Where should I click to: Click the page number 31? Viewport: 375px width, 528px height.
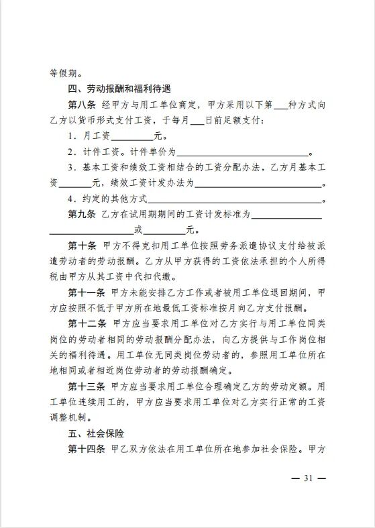click(309, 478)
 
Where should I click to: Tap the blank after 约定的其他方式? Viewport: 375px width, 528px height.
click(235, 199)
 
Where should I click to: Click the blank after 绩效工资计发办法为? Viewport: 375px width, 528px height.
click(258, 183)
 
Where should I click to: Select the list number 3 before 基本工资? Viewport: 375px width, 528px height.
click(71, 167)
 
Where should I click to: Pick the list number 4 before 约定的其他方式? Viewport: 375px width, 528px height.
click(71, 199)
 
